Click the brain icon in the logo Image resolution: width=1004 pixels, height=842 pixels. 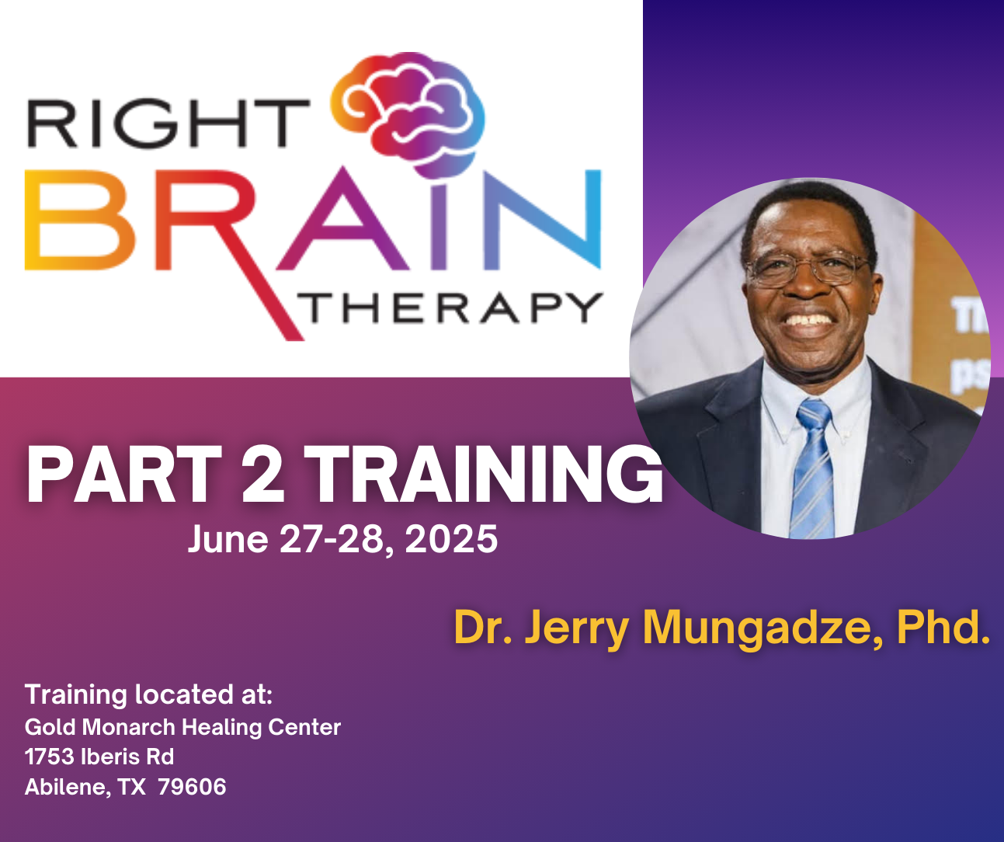[408, 114]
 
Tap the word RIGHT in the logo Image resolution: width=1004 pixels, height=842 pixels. [168, 123]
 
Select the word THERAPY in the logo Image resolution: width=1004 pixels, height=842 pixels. [450, 308]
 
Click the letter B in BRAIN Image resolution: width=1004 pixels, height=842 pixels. [80, 220]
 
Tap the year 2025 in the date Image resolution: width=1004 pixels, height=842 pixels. [451, 539]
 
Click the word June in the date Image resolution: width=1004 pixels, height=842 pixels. [228, 539]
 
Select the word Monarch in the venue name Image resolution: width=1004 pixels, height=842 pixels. [128, 726]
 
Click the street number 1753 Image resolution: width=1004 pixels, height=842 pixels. [49, 757]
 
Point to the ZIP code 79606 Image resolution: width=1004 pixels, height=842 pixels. [192, 787]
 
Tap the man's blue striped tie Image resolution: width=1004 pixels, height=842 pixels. [815, 469]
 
